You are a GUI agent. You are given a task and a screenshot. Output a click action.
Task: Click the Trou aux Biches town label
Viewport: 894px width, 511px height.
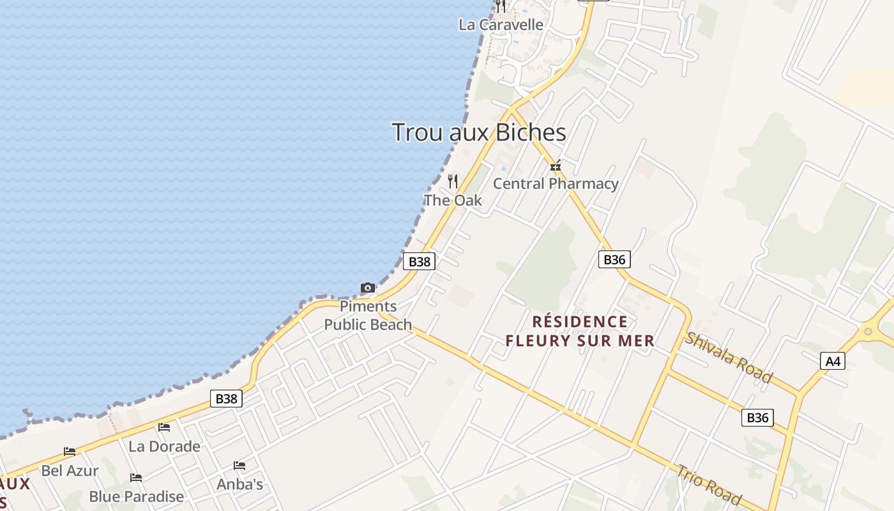click(479, 132)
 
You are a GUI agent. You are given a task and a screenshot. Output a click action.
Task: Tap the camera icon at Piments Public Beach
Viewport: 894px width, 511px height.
click(368, 287)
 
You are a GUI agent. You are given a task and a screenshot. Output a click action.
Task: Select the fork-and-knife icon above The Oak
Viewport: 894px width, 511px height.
click(453, 181)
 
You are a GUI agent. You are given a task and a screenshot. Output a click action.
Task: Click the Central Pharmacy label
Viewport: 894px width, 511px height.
click(556, 184)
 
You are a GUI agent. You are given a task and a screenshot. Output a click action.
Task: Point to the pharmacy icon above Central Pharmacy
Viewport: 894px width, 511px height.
click(555, 166)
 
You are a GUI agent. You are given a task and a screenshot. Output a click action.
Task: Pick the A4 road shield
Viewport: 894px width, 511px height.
click(833, 362)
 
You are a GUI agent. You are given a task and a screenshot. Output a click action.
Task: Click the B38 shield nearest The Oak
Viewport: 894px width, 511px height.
click(420, 261)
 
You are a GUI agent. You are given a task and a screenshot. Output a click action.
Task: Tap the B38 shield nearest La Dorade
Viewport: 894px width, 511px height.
click(226, 399)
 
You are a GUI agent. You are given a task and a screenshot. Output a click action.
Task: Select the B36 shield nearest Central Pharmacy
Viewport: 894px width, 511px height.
click(614, 259)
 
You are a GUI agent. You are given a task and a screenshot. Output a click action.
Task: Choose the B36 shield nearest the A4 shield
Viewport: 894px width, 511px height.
click(757, 418)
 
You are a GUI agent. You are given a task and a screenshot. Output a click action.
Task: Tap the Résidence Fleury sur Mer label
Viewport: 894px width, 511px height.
click(580, 331)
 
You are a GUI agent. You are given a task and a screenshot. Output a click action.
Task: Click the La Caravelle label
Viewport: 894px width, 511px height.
click(501, 25)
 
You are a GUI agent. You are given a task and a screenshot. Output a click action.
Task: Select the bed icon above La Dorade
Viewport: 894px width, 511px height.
click(164, 427)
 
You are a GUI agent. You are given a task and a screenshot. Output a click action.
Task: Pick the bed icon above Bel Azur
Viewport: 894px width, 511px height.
click(70, 452)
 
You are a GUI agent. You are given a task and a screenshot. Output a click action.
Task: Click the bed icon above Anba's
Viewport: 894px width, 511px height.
click(239, 466)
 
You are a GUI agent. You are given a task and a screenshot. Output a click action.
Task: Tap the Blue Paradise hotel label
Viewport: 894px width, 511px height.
click(136, 496)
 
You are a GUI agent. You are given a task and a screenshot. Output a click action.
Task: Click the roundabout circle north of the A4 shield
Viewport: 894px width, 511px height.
click(868, 331)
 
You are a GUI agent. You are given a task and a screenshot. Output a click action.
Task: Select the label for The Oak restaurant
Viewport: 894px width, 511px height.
click(453, 200)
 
